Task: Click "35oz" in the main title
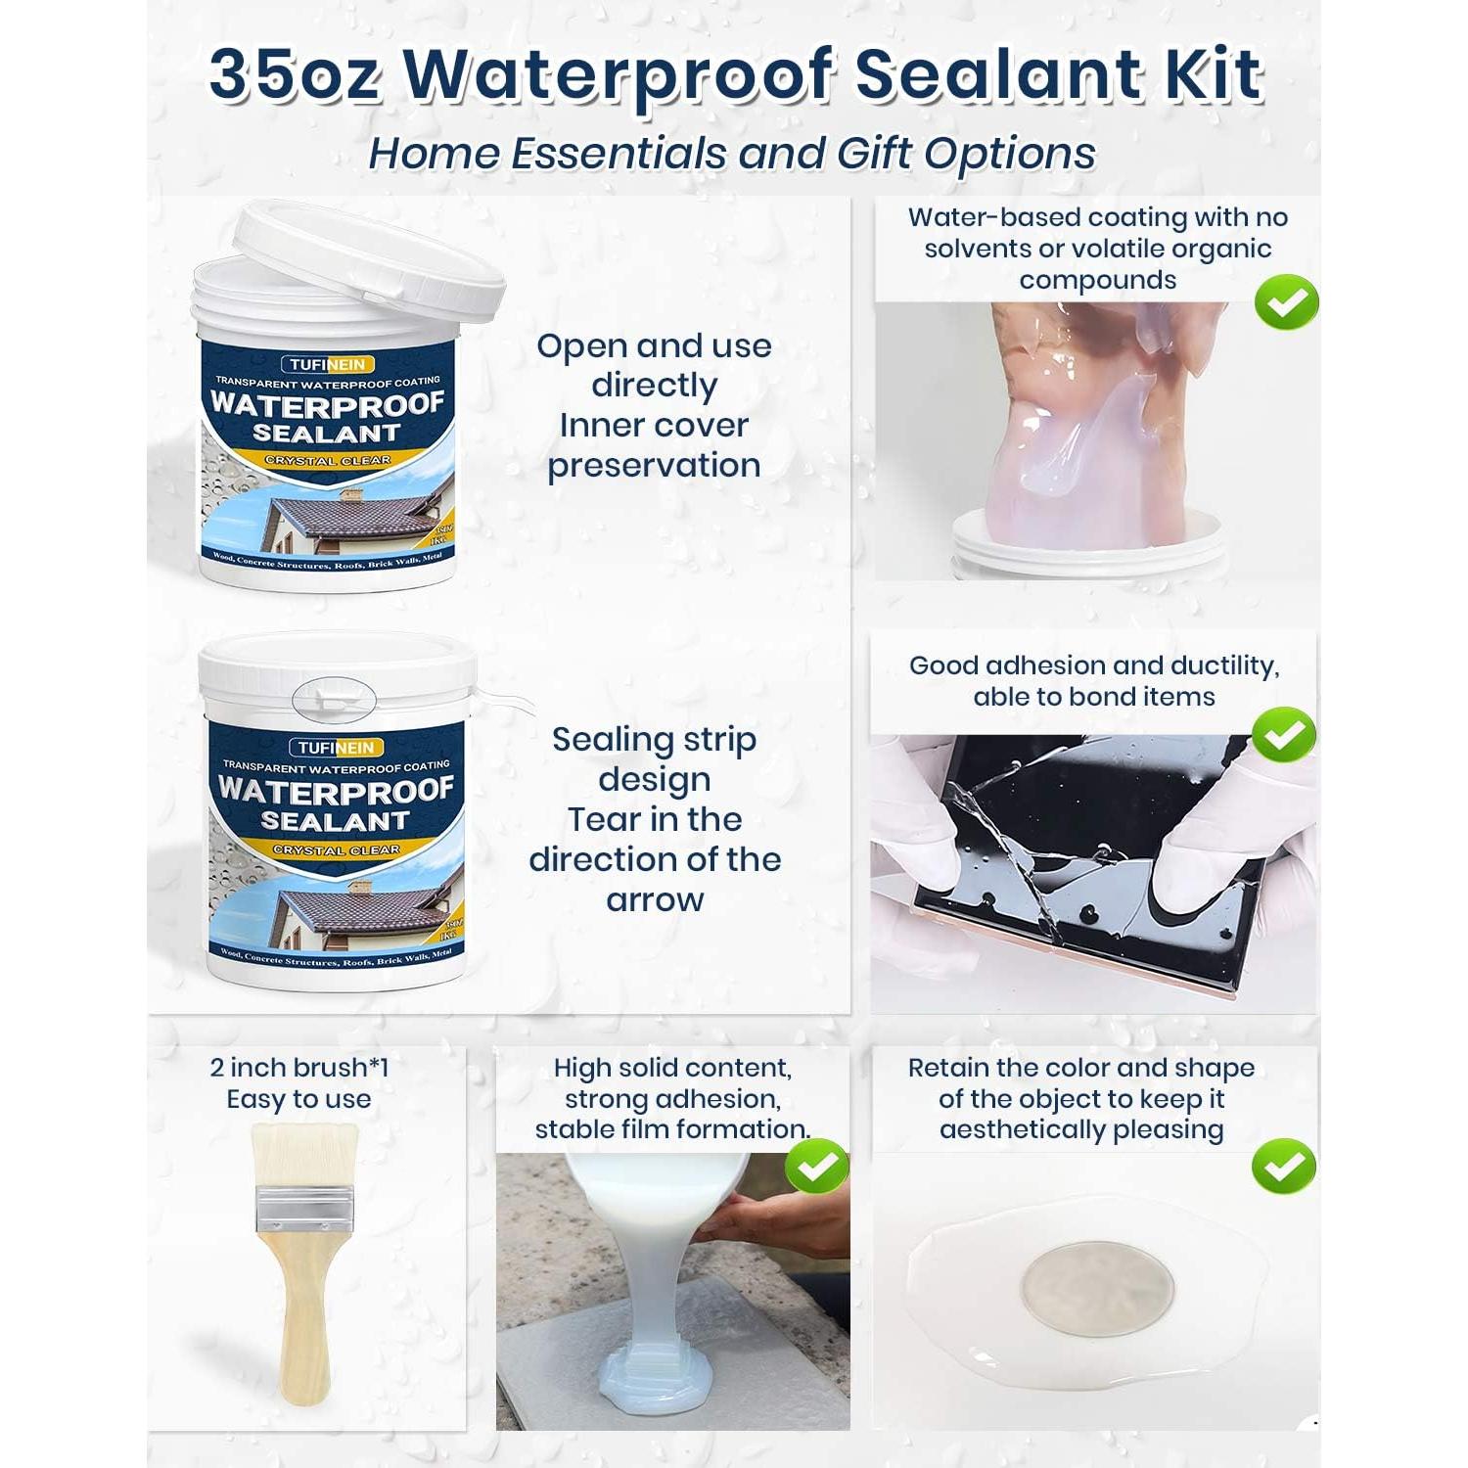(294, 74)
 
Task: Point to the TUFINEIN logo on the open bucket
(328, 365)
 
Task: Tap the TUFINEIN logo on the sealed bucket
(336, 748)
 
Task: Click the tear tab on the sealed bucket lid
(334, 696)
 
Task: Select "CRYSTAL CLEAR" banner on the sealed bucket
(336, 849)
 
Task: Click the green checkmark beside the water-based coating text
(1286, 302)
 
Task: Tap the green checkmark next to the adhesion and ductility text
(1284, 734)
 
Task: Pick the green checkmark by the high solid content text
(817, 1166)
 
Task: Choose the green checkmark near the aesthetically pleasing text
(1284, 1166)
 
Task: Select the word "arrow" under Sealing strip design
(655, 899)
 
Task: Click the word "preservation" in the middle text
(654, 465)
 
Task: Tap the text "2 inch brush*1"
(298, 1068)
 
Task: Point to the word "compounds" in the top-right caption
(1097, 280)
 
